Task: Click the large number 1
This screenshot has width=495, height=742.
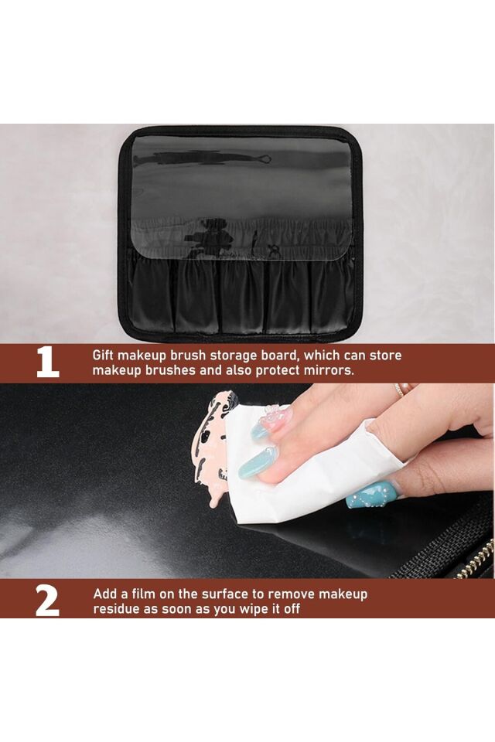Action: (x=48, y=363)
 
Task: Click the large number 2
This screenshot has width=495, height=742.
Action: (x=47, y=601)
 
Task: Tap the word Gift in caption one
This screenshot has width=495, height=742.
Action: (x=103, y=356)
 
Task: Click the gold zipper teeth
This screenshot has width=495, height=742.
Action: (x=473, y=561)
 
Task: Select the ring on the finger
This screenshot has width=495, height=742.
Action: (x=399, y=390)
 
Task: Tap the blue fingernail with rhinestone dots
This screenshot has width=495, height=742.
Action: (x=371, y=495)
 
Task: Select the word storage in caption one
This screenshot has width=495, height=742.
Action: (x=231, y=356)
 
